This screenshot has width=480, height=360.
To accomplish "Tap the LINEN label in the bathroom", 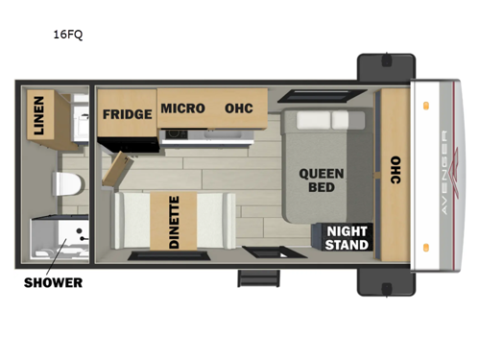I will coord(38,118).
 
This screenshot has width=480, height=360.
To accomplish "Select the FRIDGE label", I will coord(129,114).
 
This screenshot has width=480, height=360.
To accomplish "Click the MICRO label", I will coord(182,108).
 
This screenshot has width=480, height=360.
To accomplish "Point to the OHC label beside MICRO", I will coord(240,108).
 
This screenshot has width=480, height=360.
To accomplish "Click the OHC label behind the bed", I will coord(395,172).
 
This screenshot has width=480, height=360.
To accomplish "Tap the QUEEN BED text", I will coord(315,180).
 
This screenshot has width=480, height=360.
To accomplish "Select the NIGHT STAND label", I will coord(346,237).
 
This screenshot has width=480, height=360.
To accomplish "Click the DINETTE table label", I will coord(174,223).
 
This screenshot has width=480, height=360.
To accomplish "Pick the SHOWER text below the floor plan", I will coord(53,282).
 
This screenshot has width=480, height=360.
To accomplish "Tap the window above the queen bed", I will coord(305,98).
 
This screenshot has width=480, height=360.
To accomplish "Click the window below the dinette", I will coord(157,255).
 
